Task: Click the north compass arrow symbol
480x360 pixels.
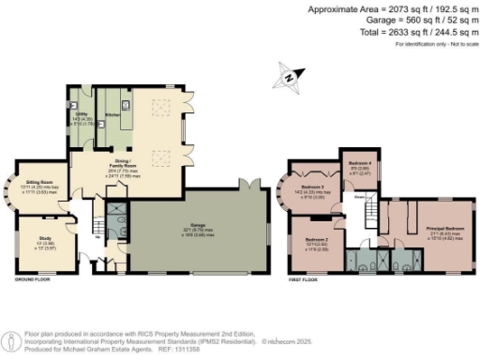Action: point(289,77)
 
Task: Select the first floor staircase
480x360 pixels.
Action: point(373,217)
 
